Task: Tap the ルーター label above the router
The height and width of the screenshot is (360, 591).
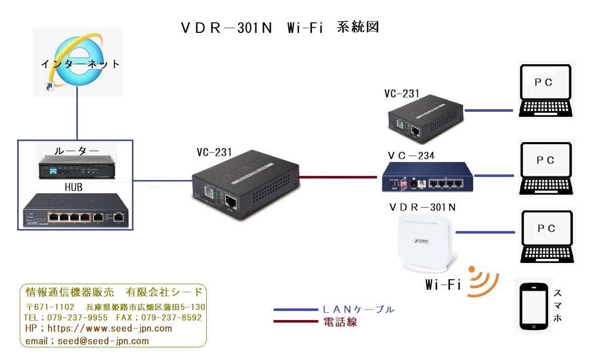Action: coord(77,150)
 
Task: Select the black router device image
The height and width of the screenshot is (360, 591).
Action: coord(76,167)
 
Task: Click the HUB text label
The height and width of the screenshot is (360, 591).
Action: coord(73,187)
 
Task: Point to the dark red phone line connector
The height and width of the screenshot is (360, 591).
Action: coord(338,177)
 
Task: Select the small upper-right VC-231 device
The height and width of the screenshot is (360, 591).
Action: coord(425,117)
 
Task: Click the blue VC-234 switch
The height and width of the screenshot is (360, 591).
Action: coord(428,177)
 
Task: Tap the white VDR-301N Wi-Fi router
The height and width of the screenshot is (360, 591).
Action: coord(426,242)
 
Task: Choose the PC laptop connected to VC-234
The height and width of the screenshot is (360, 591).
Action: coord(547,168)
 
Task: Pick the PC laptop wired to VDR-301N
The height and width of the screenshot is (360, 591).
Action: coord(547,237)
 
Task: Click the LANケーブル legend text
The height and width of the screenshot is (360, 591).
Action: coord(358,309)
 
